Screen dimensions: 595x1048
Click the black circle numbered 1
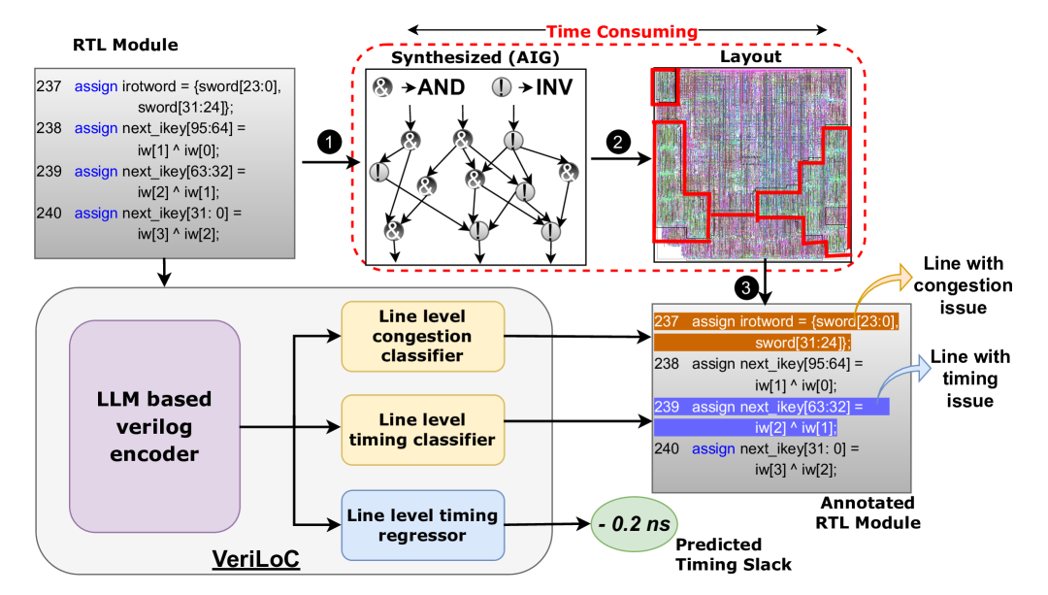(331, 143)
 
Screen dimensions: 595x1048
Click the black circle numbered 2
(616, 143)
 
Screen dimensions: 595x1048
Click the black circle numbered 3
(743, 288)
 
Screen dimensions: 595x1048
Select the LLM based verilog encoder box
(154, 426)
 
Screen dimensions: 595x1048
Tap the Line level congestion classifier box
(422, 336)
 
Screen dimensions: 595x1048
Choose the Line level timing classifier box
(422, 429)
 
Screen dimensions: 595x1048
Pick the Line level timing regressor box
(422, 525)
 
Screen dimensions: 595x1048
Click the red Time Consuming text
(621, 32)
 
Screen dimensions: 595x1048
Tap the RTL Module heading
(126, 45)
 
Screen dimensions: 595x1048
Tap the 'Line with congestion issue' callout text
(964, 285)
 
